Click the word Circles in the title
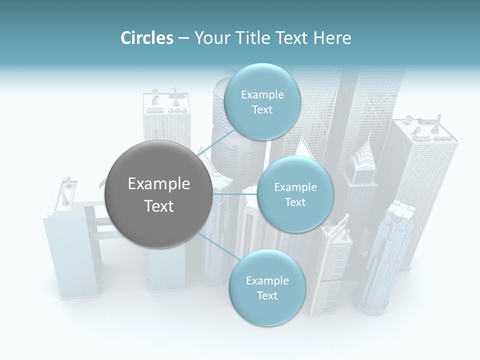click(146, 38)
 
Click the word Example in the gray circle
click(158, 184)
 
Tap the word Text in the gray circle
click(158, 206)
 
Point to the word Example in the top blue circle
click(262, 95)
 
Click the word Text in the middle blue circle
click(295, 202)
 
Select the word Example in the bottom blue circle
click(267, 281)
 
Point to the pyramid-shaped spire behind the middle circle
click(303, 147)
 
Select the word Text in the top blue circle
click(262, 110)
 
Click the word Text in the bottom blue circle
click(267, 295)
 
